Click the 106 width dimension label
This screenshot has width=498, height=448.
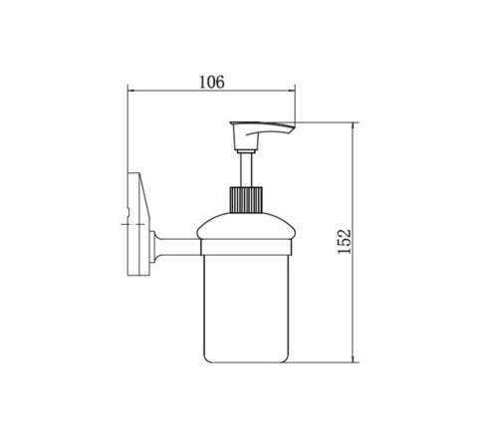[212, 82]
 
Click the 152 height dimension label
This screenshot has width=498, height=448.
[344, 241]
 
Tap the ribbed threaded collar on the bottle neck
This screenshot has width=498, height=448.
[246, 200]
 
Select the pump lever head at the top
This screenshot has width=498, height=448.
[262, 135]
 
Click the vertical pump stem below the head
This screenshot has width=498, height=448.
[246, 169]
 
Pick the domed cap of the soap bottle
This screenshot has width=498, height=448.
[246, 226]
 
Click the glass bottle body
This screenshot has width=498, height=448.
[246, 309]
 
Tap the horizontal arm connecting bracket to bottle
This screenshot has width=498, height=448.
[179, 247]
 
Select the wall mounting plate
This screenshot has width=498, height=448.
[139, 224]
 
